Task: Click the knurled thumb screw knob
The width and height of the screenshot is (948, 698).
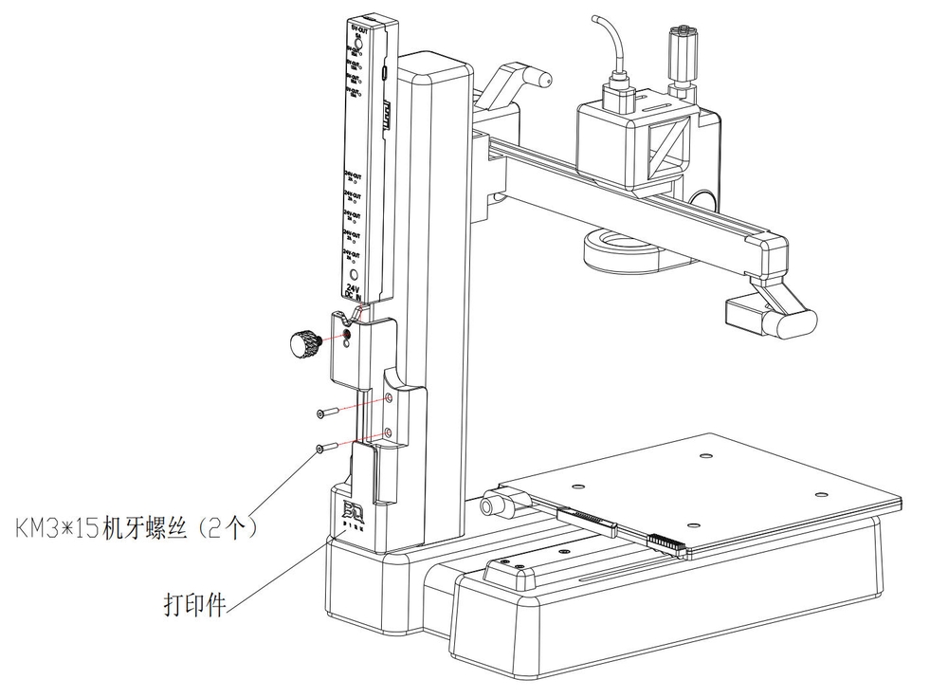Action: pos(304,343)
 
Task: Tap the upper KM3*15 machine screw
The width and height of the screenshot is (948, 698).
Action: pos(325,413)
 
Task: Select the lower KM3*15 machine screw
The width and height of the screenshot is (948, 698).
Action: pos(325,448)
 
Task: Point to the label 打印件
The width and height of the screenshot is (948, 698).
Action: pos(193,604)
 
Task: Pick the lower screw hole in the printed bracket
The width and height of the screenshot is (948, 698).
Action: pos(389,433)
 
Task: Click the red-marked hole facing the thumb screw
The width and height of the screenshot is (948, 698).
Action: pos(347,335)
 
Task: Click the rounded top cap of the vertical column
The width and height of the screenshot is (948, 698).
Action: pos(434,70)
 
